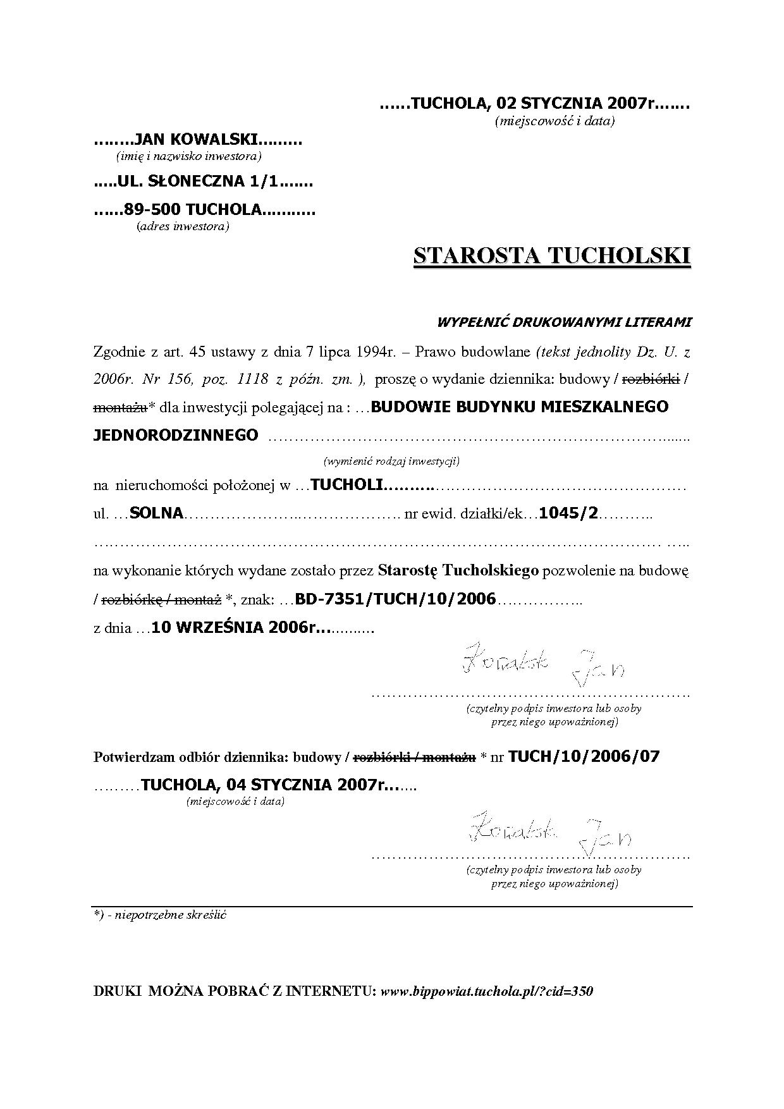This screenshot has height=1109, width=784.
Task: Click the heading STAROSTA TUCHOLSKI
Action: coord(552,256)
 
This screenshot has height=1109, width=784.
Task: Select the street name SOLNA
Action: coord(156,513)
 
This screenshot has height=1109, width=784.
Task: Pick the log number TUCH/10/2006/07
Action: coord(584,757)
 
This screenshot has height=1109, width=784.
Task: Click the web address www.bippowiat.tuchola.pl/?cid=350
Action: coord(487,991)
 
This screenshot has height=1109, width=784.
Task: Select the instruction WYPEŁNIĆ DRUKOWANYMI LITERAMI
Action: coord(565,322)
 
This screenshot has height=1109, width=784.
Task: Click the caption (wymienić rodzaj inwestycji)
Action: coord(391,461)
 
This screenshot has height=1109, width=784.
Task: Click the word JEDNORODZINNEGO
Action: coord(176,435)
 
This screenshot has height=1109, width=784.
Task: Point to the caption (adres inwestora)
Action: coord(183,226)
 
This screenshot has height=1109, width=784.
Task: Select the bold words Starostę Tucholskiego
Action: coord(458,570)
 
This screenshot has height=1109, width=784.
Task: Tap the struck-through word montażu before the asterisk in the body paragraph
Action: coord(120,408)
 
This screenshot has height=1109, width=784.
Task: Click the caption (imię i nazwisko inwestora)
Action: coord(189,156)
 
